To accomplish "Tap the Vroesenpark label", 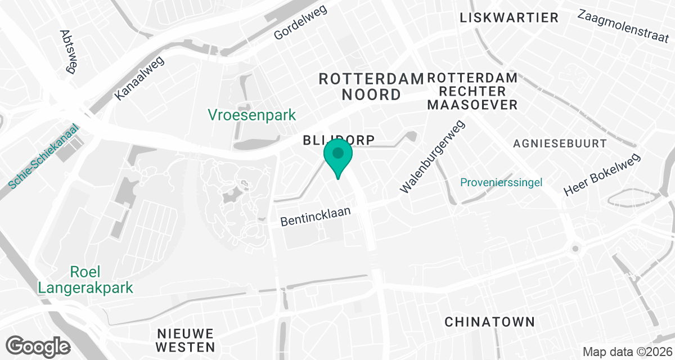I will click(x=252, y=115).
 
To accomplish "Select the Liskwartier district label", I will click(x=509, y=18).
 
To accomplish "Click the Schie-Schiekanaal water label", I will click(x=44, y=157).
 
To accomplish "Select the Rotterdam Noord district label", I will click(x=371, y=87).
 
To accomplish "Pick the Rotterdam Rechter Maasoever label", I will click(x=472, y=91).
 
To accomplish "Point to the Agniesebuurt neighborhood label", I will click(x=560, y=144).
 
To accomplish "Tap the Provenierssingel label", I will click(x=501, y=182).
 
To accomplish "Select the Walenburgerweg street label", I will click(x=433, y=157).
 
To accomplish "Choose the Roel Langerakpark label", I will click(x=85, y=280).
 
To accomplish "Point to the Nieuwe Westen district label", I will click(x=186, y=340).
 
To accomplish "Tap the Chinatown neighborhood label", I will click(x=489, y=322).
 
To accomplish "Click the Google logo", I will click(x=38, y=346).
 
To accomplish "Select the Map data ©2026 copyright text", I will click(x=626, y=352).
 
